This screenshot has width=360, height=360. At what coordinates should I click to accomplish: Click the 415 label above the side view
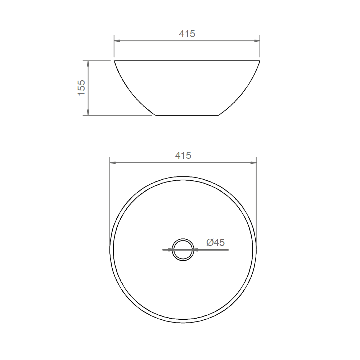(187, 34)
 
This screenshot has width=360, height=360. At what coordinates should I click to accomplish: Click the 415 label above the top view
(183, 156)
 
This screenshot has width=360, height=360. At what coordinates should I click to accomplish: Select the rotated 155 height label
(81, 88)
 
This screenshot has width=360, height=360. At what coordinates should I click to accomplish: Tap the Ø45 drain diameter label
(215, 242)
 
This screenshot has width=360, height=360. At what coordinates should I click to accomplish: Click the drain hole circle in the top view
(183, 239)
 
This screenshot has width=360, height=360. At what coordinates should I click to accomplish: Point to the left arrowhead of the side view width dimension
(117, 41)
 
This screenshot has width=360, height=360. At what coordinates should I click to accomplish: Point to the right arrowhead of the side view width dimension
(257, 41)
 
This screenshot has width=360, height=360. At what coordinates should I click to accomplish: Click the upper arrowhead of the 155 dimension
(88, 64)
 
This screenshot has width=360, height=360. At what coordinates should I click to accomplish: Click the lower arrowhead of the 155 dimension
(88, 112)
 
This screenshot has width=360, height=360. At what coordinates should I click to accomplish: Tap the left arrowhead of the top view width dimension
(113, 163)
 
